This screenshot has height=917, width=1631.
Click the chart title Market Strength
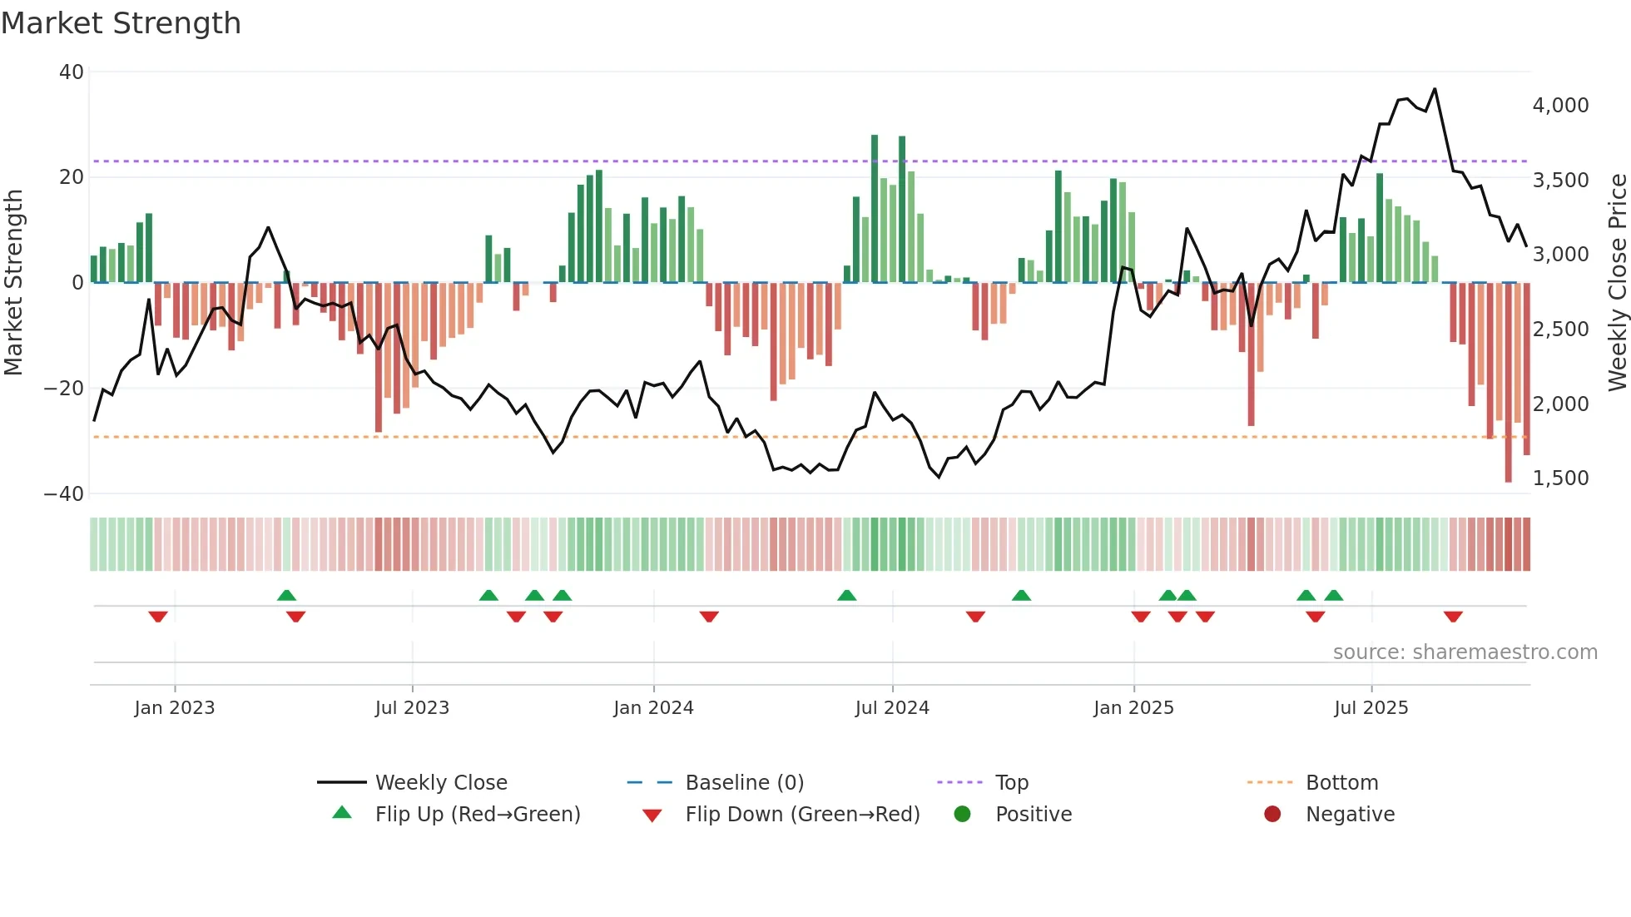(121, 23)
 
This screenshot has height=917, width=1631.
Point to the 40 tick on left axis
(72, 72)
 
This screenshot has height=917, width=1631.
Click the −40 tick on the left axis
(64, 493)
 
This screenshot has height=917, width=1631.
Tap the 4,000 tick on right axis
(1560, 106)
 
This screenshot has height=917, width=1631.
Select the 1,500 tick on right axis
(1560, 478)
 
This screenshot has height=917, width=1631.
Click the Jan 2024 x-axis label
(653, 708)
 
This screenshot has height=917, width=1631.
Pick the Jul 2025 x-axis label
(1371, 708)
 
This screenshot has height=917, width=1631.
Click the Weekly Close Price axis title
(1617, 283)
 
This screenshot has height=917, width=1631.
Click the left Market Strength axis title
(14, 283)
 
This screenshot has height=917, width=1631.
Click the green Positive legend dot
(963, 814)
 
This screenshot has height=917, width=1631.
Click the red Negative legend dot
(1272, 814)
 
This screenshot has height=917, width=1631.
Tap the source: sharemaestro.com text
(1465, 652)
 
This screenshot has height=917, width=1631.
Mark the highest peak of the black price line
(1435, 89)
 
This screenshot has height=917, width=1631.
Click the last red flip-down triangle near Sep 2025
(1453, 617)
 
